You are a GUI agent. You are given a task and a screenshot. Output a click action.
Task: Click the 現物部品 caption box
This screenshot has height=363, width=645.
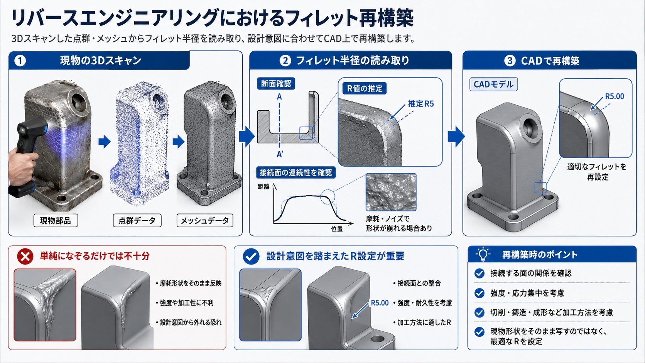pos(56,221)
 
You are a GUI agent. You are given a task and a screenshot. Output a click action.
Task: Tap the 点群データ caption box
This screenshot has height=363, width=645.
pos(137,221)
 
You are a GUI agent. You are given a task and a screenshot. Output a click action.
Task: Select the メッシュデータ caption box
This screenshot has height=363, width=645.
pos(205,221)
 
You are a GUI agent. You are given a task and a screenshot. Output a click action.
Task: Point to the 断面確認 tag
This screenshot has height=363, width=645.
pos(276,84)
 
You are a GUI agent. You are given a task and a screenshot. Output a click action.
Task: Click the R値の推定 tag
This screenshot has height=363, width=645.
pos(365,88)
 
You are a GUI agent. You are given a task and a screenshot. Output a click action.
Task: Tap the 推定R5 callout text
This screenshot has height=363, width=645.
pos(421,104)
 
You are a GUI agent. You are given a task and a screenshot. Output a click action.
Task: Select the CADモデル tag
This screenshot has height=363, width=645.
pos(493,84)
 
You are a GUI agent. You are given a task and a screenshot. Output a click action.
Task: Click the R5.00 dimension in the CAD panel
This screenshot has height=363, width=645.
pos(615,96)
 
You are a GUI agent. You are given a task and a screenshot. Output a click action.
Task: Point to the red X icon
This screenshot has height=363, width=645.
pos(25,256)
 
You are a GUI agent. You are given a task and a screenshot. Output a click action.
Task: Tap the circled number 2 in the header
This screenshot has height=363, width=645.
pos(285,61)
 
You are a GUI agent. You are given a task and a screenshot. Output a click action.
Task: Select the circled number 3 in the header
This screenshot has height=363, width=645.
pos(510,61)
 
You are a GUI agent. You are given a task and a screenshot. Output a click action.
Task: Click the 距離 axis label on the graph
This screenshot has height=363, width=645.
pos(263,187)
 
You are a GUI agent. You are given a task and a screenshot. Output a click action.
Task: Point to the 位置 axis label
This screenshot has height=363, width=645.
pos(337,229)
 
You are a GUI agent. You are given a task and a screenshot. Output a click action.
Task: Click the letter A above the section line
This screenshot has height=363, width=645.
pos(279,97)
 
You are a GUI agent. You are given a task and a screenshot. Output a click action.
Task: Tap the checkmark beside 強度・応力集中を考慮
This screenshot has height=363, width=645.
pos(479,293)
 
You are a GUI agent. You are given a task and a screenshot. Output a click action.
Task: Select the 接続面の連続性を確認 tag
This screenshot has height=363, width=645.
pos(296,173)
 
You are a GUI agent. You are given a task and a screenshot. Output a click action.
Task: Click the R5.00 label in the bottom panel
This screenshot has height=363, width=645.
pos(380,303)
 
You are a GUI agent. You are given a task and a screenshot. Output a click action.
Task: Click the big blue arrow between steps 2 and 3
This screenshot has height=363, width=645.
pos(456,136)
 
